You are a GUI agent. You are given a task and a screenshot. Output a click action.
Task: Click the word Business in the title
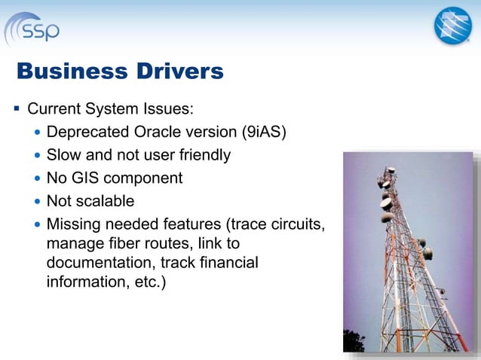69,72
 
